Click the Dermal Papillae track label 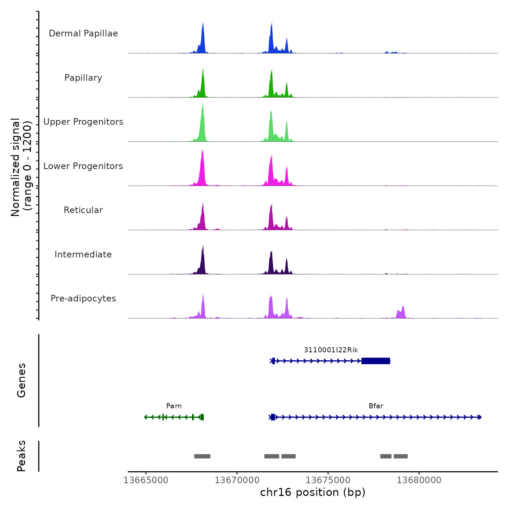[x=83, y=33]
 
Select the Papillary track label [x=83, y=78]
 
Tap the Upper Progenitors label [x=83, y=122]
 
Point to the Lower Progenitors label [x=83, y=166]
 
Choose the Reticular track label [x=83, y=210]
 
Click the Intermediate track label [x=83, y=254]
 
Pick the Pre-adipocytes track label [x=83, y=298]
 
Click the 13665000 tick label [x=146, y=480]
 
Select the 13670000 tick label [x=237, y=480]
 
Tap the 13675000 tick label [x=328, y=480]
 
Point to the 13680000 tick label [x=419, y=480]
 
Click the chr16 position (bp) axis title [x=313, y=493]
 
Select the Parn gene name [x=174, y=406]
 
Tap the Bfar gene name [x=376, y=406]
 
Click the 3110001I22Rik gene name [x=331, y=350]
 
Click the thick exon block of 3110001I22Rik [x=376, y=361]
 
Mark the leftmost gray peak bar [x=202, y=456]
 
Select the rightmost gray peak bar [x=401, y=456]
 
